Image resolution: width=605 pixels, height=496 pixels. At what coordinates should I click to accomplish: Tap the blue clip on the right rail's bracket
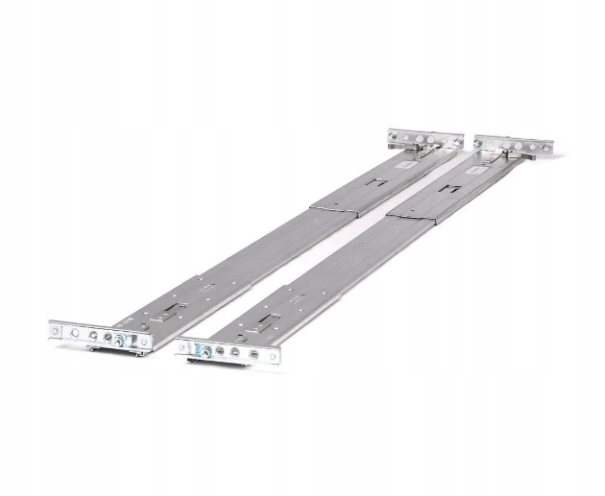198,349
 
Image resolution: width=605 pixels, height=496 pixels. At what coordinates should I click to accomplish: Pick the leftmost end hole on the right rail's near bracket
182,342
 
